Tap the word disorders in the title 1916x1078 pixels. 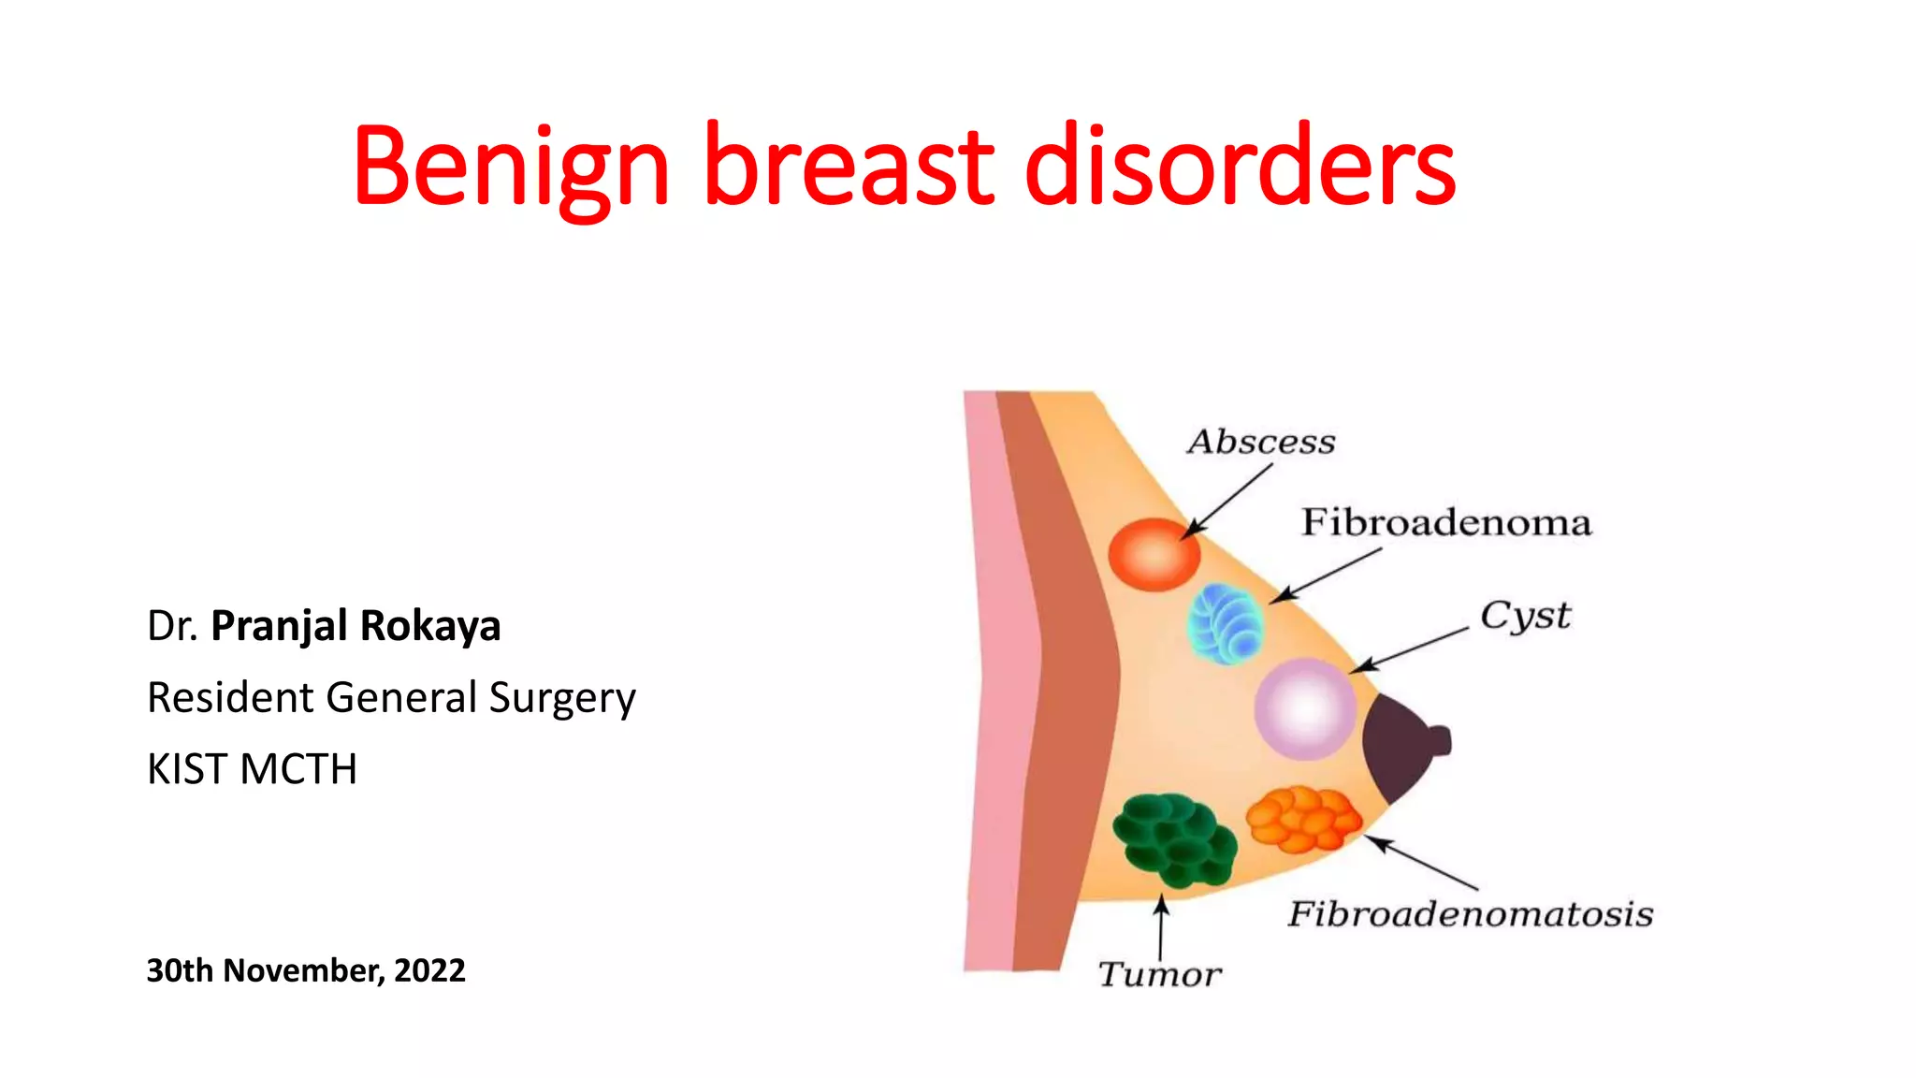(x=1240, y=167)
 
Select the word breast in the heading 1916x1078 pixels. (x=848, y=167)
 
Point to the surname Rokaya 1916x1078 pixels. (x=429, y=626)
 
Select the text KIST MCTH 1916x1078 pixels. (x=252, y=769)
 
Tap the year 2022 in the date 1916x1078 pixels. (x=429, y=970)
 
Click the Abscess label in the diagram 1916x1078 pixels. (x=1261, y=442)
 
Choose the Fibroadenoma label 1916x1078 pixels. (x=1445, y=522)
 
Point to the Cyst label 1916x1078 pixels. (x=1525, y=617)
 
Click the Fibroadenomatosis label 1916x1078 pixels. (x=1470, y=914)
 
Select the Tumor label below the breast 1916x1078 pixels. (x=1159, y=974)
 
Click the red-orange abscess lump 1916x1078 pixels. (x=1154, y=555)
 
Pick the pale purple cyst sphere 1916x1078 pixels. (x=1304, y=708)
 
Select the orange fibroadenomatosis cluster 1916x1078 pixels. (x=1303, y=819)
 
